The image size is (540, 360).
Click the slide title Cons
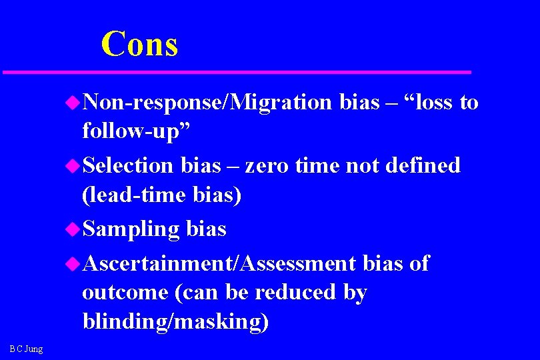[x=139, y=44]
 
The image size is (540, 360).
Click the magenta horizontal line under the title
[x=237, y=71]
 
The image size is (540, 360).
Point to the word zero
[x=266, y=165]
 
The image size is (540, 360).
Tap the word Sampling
[x=131, y=229]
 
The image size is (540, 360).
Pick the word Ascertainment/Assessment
[x=219, y=263]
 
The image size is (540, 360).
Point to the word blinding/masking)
[x=175, y=321]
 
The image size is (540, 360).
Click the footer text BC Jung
[x=26, y=349]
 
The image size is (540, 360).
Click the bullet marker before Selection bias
[x=73, y=165]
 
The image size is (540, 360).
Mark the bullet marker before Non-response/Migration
[x=73, y=102]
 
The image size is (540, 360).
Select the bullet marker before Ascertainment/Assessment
[x=73, y=264]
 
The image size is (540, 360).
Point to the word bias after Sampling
[x=206, y=229]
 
